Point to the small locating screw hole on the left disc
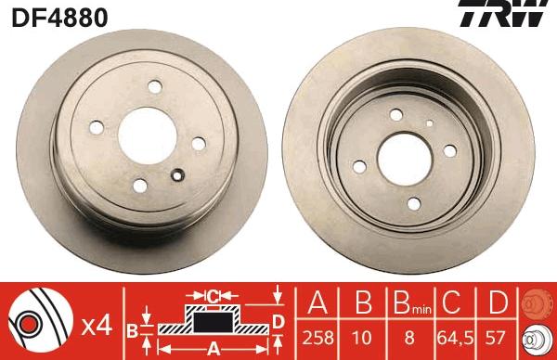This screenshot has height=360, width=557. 176,172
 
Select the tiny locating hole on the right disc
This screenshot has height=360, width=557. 430,122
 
